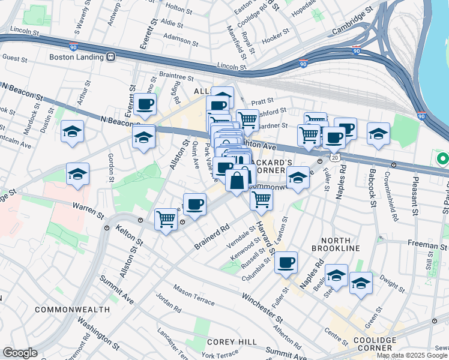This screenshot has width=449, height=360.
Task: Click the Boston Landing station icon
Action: click(110, 57)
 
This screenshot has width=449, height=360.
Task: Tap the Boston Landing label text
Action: click(77, 57)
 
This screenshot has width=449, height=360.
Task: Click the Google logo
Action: click(20, 353)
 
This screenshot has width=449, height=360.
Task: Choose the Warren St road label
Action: click(85, 206)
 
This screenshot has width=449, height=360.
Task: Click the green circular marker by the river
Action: click(443, 160)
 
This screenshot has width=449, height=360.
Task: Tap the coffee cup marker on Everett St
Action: click(145, 104)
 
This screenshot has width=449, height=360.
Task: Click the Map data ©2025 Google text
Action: click(412, 355)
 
